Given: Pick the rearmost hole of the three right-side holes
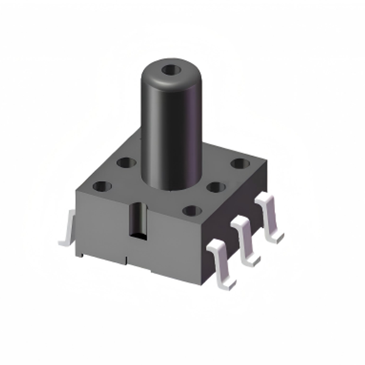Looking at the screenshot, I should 241,164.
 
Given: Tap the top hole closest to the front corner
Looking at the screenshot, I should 192,211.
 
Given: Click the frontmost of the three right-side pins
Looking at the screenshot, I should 220,262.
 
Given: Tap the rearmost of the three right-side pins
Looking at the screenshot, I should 269,217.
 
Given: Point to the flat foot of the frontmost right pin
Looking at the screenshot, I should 226,279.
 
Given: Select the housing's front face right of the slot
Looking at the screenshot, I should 173,243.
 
